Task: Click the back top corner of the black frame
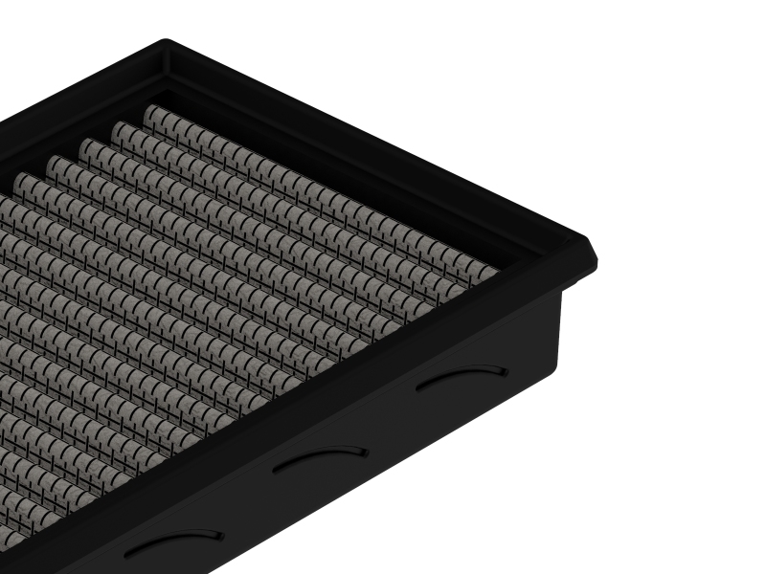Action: click(165, 42)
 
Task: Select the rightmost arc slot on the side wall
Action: click(462, 374)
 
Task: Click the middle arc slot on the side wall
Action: click(320, 455)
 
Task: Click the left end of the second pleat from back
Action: click(120, 128)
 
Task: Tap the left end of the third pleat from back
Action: click(88, 145)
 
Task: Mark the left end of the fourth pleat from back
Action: click(55, 163)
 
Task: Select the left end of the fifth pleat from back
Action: click(22, 180)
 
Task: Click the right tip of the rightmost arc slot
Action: click(507, 369)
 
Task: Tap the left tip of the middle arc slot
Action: click(275, 470)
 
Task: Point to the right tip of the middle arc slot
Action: click(366, 450)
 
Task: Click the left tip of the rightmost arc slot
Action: click(418, 387)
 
